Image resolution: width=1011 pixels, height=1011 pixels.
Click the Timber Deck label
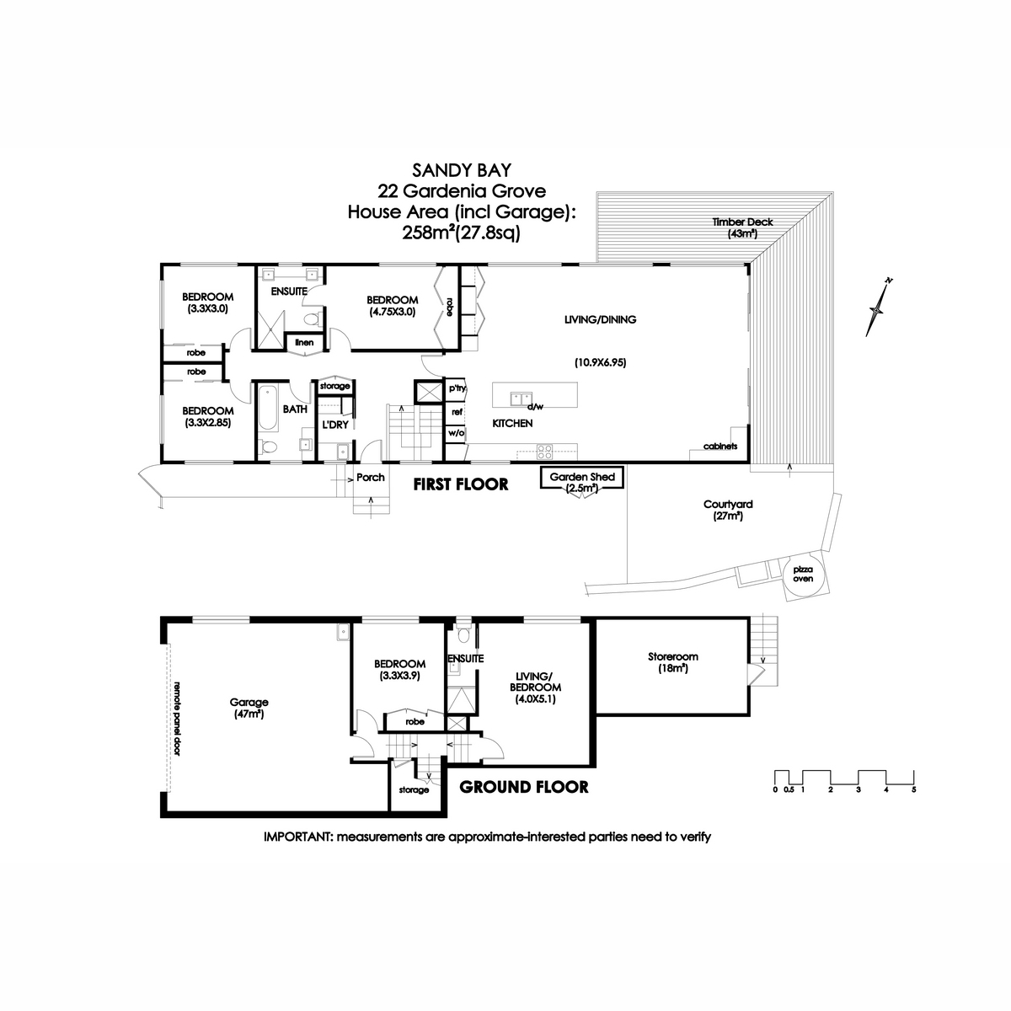(741, 227)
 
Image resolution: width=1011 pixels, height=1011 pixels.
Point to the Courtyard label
(728, 510)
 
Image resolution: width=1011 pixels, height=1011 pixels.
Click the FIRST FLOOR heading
(460, 484)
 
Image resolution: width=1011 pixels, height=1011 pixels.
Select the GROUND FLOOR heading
(523, 787)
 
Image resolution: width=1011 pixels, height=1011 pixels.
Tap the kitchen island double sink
(518, 395)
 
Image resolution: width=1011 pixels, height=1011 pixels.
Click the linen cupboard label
(303, 342)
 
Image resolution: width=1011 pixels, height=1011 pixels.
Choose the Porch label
(371, 477)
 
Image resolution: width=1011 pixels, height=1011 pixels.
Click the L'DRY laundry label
(335, 425)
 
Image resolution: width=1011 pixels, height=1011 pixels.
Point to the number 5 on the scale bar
(913, 789)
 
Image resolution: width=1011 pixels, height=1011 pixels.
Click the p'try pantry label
(457, 388)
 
